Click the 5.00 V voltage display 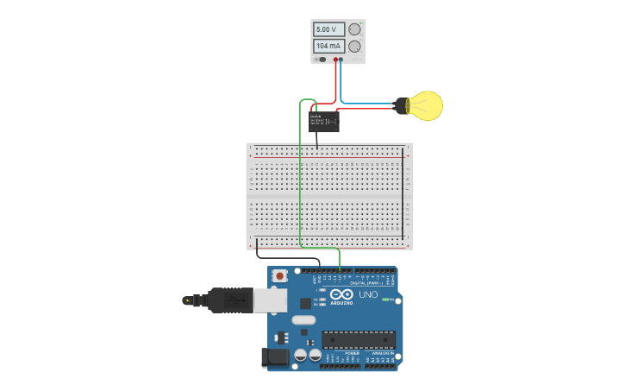click(328, 29)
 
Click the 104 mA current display click(328, 46)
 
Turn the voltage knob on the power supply click(354, 29)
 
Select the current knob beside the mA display click(354, 46)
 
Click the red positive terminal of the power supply click(335, 60)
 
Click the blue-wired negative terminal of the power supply click(341, 60)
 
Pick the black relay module click(324, 122)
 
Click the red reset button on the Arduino click(279, 276)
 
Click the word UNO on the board click(368, 294)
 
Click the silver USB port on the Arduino click(269, 300)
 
